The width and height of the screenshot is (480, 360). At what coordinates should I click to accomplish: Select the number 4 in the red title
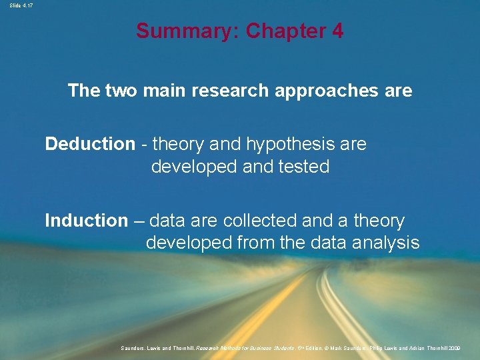337,31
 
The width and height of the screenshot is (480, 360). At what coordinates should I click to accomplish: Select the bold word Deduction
89,144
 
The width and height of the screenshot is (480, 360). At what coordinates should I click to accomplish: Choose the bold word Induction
86,220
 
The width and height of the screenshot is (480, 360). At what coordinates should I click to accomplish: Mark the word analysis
386,243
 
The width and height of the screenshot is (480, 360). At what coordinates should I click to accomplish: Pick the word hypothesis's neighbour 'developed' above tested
191,167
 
